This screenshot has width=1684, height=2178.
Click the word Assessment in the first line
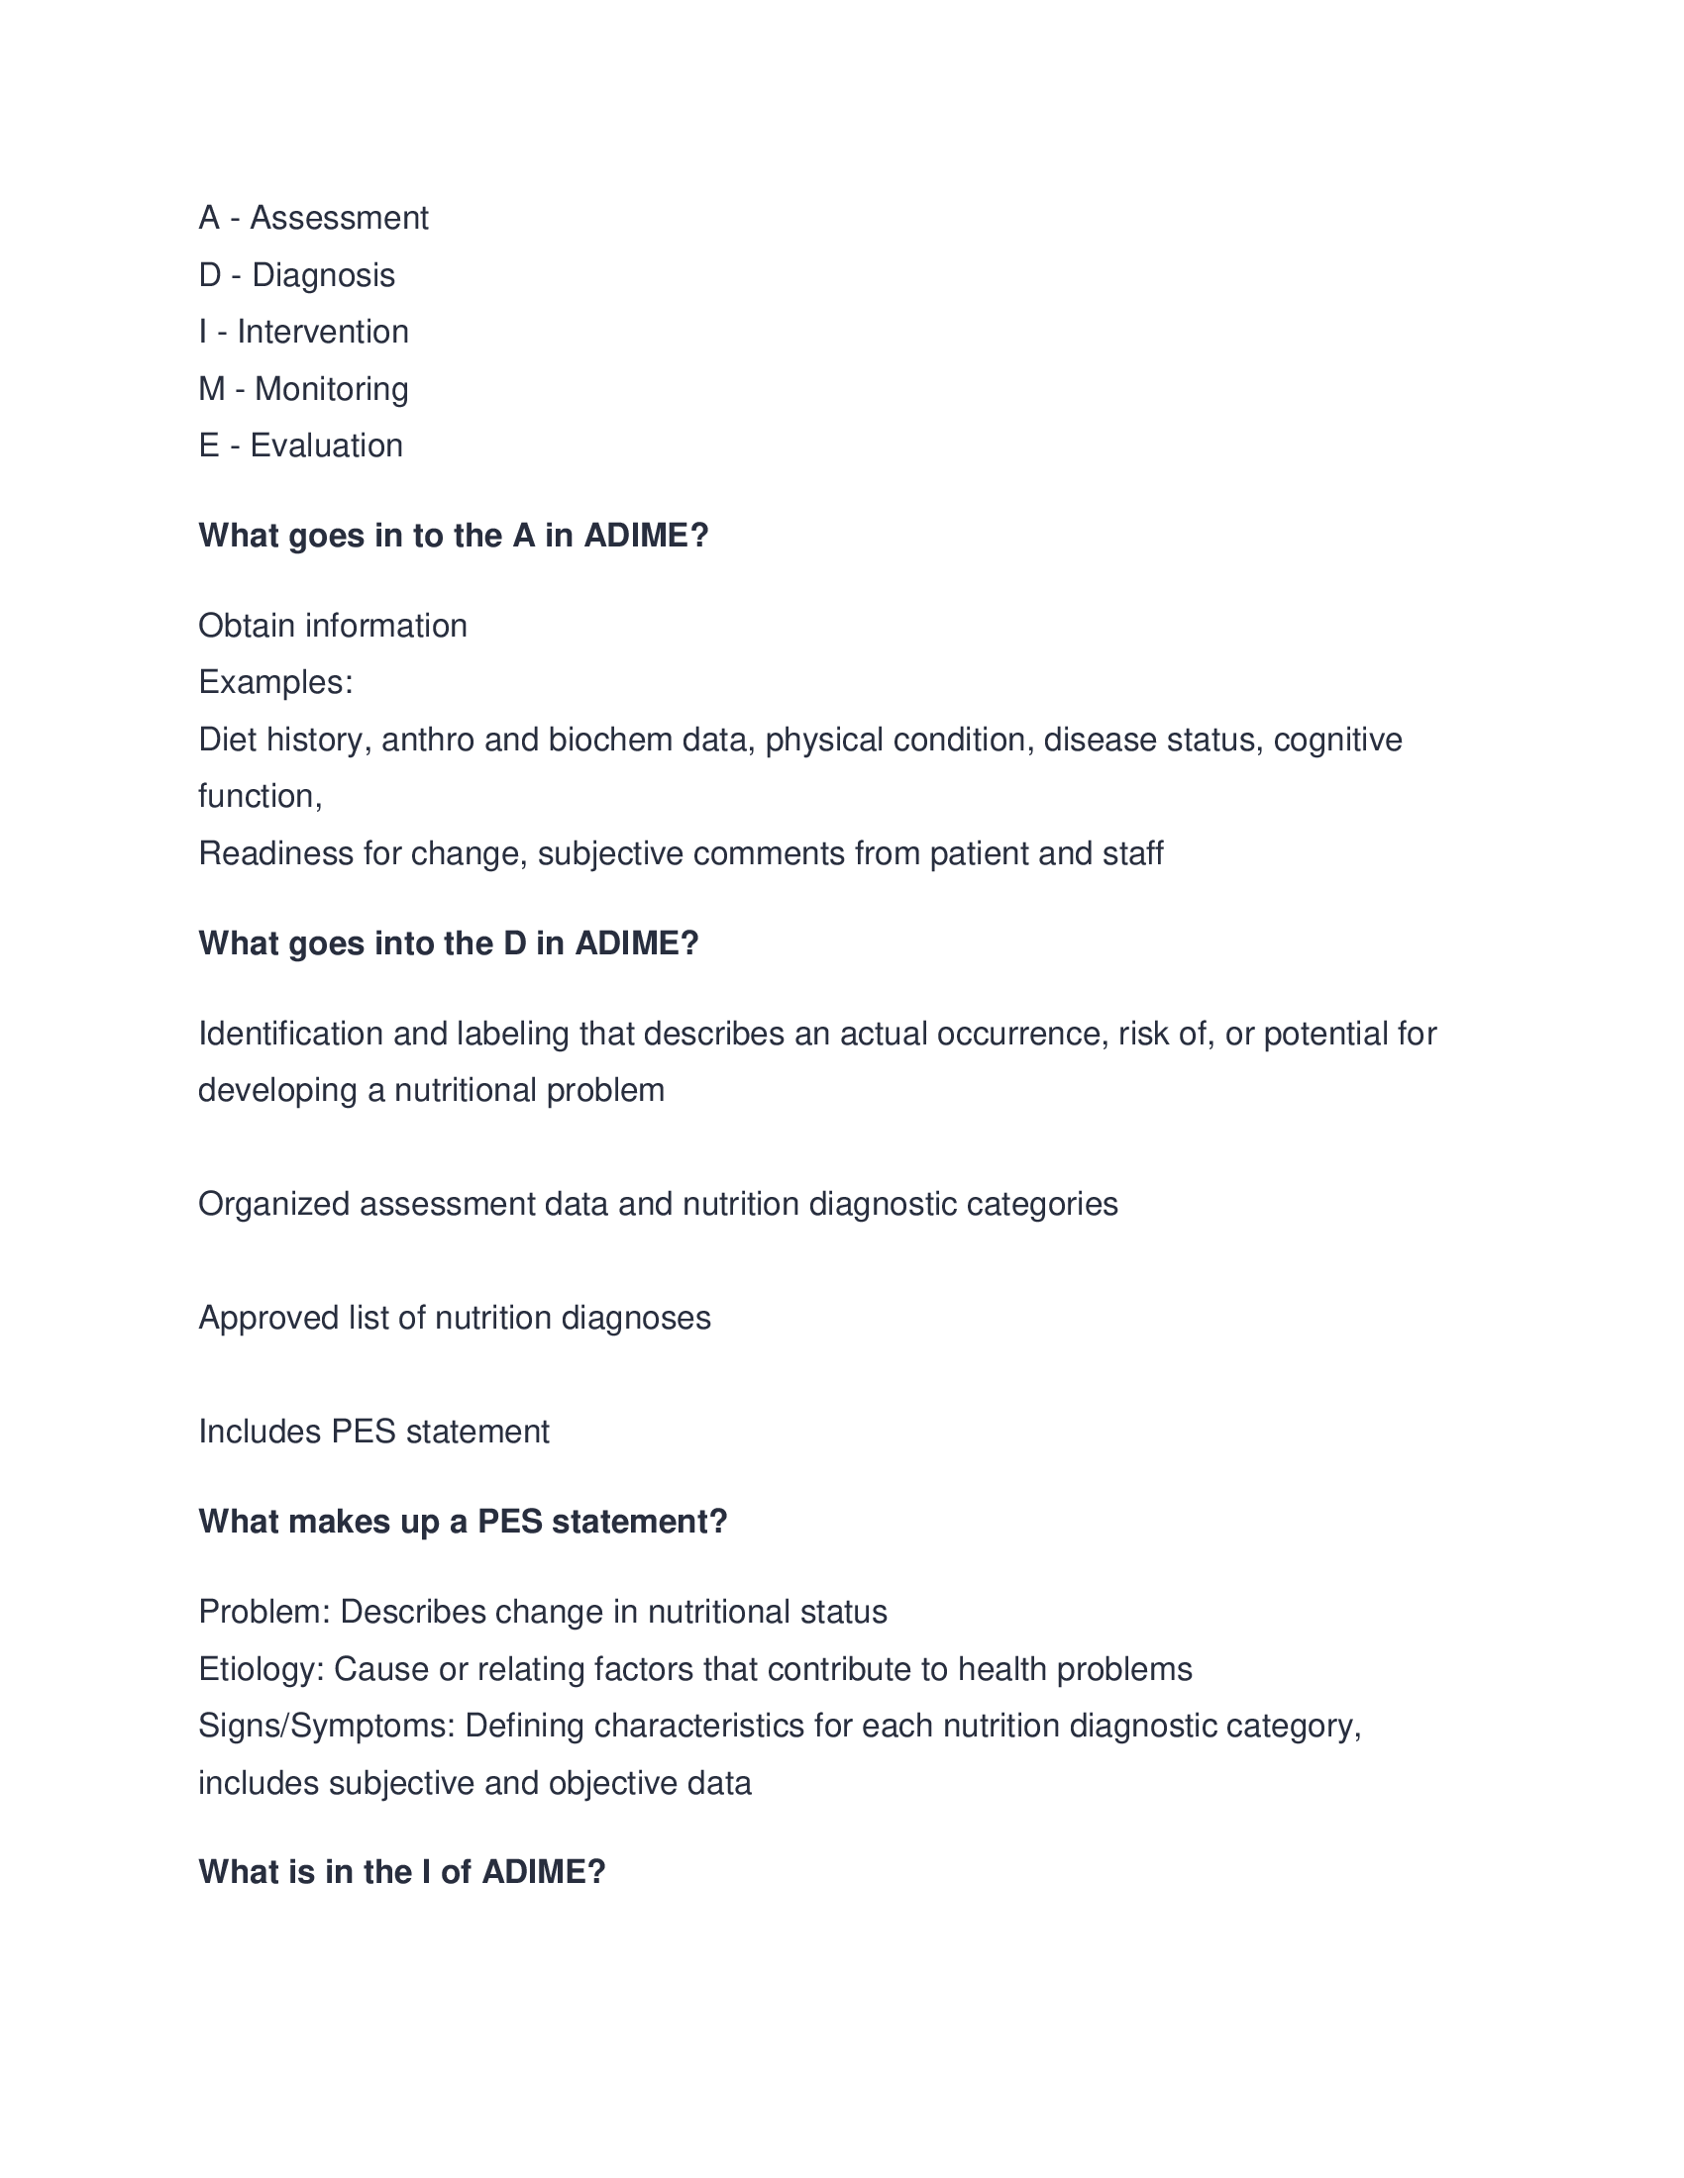tap(338, 218)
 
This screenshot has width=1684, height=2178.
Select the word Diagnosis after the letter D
tap(323, 275)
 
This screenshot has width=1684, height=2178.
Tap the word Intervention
tap(322, 332)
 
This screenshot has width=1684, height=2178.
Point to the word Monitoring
tap(331, 389)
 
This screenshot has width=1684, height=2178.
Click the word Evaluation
tap(326, 445)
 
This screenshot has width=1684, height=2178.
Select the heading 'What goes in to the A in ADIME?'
tap(453, 536)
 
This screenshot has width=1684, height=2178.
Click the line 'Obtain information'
tap(332, 627)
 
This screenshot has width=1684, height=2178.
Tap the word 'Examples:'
tap(275, 683)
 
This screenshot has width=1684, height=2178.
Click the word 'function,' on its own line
tap(260, 797)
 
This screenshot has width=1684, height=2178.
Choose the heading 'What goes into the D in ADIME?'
tap(448, 943)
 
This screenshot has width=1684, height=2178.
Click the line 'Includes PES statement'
tap(373, 1433)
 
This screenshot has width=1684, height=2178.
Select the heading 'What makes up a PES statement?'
tap(463, 1522)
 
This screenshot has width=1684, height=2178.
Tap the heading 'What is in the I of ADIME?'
tap(402, 1872)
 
